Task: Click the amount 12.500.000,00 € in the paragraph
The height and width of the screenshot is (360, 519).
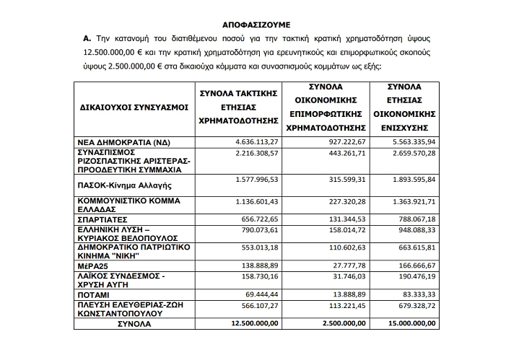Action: tap(121, 53)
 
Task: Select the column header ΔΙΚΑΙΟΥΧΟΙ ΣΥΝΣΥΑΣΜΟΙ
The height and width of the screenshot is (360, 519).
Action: tap(132, 107)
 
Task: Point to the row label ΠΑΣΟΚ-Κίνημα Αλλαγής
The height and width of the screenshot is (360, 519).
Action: tap(123, 185)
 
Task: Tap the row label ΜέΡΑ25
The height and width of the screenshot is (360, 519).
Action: tap(94, 267)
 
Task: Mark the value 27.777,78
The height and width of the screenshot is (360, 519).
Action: tap(337, 266)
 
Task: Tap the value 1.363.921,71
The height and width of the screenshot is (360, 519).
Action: tap(411, 201)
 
